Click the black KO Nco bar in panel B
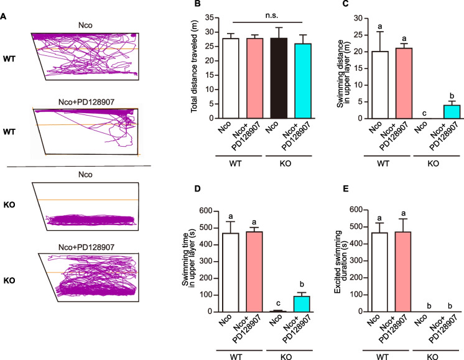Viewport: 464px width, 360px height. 279,78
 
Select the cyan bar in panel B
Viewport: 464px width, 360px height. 303,81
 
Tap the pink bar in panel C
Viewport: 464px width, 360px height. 404,83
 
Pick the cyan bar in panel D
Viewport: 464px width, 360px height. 302,304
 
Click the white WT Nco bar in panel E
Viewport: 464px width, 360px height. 379,272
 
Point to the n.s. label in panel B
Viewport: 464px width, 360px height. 271,16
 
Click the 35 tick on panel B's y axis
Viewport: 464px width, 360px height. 209,17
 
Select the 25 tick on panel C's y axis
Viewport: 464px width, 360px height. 358,35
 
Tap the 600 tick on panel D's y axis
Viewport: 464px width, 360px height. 206,211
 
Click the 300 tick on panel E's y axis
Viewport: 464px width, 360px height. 356,261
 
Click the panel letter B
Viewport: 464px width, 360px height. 197,4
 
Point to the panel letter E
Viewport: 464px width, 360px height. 346,189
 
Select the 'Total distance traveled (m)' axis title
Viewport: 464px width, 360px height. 194,67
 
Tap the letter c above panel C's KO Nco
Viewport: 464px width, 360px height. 424,113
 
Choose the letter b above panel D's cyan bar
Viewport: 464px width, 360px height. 302,285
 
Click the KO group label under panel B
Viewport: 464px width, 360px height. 285,164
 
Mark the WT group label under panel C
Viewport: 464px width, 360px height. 383,164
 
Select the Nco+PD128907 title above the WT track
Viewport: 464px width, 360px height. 86,102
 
